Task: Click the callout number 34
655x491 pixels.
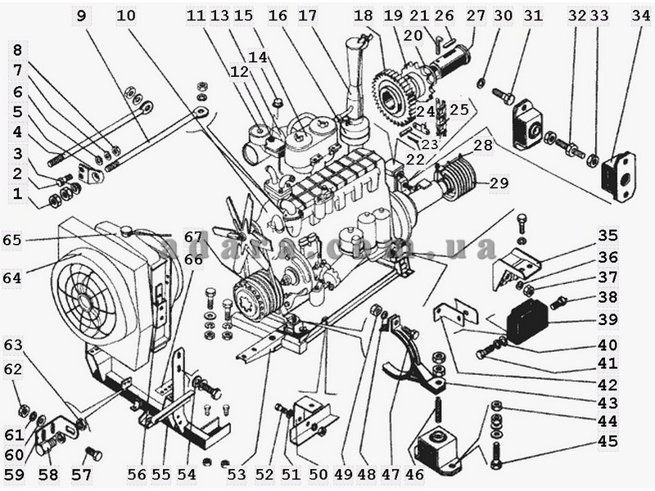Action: [x=635, y=15]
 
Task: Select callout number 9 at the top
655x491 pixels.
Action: [x=81, y=15]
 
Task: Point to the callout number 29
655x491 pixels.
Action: [x=499, y=185]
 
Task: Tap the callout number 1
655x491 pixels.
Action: [x=17, y=194]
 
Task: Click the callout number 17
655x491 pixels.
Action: [x=308, y=15]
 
